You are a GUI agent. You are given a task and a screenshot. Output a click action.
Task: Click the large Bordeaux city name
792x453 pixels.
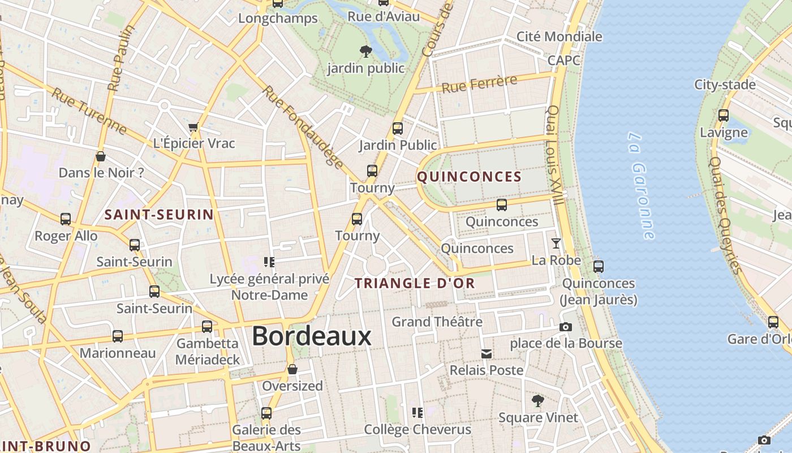(311, 336)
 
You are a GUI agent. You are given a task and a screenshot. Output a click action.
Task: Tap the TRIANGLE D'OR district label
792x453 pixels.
(415, 283)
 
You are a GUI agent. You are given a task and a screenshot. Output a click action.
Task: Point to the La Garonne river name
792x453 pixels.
(642, 186)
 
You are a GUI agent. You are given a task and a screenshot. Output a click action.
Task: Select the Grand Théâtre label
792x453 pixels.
(437, 322)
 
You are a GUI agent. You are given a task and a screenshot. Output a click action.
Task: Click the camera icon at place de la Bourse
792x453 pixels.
(565, 327)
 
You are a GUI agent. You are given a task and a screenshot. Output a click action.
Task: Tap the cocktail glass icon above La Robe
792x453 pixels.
(556, 243)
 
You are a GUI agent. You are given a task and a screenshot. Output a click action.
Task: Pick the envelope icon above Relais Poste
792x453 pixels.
(486, 354)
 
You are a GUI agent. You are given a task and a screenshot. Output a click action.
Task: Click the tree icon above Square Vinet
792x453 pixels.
(537, 401)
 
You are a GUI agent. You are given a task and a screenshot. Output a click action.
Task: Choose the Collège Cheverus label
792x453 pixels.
(417, 429)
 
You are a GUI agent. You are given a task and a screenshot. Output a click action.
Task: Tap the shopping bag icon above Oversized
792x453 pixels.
(292, 370)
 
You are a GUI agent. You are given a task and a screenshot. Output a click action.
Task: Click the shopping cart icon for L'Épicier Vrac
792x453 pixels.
(193, 127)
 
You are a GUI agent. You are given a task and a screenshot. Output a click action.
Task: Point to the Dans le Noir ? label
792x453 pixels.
(101, 173)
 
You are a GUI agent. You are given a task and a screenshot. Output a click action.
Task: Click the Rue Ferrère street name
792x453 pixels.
(479, 84)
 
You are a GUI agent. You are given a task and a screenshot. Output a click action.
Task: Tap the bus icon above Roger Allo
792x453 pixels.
(66, 219)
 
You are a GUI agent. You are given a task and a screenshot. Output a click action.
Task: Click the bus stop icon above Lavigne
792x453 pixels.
(723, 116)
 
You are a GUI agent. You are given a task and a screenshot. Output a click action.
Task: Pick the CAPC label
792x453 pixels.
(563, 60)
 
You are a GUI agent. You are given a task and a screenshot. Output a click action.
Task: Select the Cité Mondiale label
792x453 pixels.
(559, 37)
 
